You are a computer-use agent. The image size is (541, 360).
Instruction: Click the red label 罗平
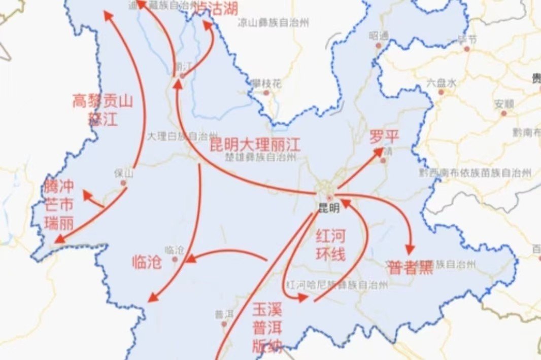[384, 136]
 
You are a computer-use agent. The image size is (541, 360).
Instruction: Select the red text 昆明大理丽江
[255, 146]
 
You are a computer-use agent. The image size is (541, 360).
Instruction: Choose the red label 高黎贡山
[102, 101]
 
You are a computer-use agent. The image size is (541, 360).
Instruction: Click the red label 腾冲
[59, 186]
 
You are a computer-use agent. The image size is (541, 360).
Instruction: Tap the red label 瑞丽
[59, 223]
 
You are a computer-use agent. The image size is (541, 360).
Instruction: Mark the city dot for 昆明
[330, 197]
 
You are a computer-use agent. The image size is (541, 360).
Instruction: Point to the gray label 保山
[123, 173]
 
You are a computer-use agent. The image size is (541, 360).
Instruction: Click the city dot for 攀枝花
[266, 93]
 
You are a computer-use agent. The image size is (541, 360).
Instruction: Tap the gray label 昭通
[379, 35]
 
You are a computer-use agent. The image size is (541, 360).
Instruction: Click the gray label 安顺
[504, 103]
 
